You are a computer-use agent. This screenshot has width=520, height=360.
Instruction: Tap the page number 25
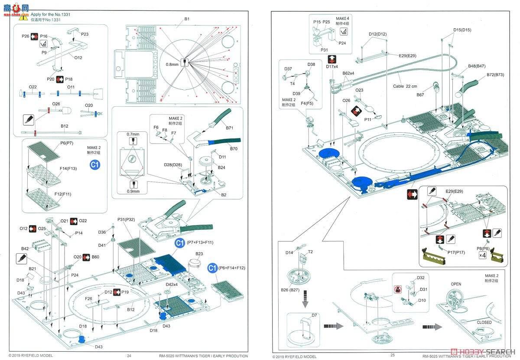[x=393, y=356]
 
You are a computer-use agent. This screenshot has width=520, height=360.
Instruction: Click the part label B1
[x=187, y=19]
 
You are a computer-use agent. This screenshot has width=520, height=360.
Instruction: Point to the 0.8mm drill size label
[x=172, y=64]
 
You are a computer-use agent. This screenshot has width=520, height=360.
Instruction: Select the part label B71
[x=230, y=128]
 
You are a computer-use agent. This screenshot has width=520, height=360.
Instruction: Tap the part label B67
[x=420, y=95]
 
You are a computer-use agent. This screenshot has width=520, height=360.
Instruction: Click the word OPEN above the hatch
[x=456, y=284]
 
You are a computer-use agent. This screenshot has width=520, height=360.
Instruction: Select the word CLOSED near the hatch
[x=484, y=322]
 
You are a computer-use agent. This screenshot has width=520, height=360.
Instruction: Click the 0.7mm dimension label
[x=133, y=134]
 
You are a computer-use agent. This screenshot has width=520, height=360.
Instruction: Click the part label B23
[x=199, y=254]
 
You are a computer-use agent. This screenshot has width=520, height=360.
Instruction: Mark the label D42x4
[x=172, y=284]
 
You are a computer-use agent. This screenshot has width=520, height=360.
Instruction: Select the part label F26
[x=88, y=298]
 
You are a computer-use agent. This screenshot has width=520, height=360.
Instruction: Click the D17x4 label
[x=332, y=66]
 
